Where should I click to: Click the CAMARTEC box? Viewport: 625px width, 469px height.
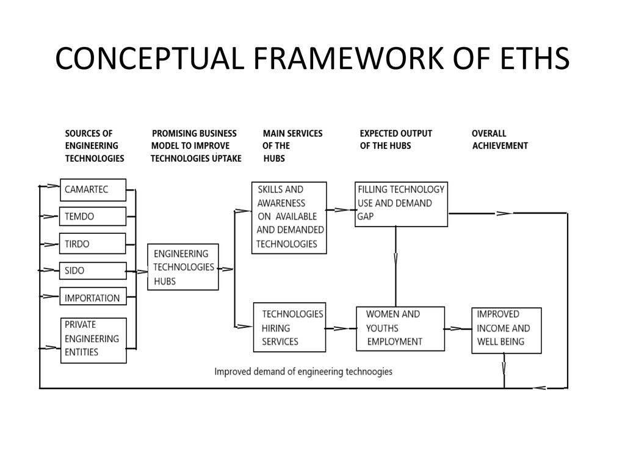click(x=93, y=190)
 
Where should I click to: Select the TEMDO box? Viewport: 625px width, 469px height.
click(x=93, y=217)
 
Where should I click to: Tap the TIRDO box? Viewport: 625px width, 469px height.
click(x=93, y=244)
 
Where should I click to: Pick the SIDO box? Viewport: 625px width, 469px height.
click(x=93, y=271)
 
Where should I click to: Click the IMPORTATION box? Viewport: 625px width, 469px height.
click(x=93, y=298)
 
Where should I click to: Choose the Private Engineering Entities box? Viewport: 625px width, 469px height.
click(x=93, y=340)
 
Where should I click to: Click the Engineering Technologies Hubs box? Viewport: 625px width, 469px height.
click(x=183, y=267)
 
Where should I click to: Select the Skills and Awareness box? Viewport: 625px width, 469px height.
click(x=289, y=217)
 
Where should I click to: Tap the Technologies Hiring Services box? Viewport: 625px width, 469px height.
click(x=289, y=327)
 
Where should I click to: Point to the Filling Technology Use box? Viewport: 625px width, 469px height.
click(x=401, y=204)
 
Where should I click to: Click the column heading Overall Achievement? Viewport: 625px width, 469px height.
click(x=499, y=139)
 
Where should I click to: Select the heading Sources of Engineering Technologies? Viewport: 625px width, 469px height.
click(x=94, y=145)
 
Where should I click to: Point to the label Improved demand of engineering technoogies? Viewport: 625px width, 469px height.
click(x=303, y=371)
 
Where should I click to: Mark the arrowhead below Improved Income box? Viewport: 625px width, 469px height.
click(x=504, y=368)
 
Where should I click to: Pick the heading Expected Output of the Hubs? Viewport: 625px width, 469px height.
click(x=396, y=139)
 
